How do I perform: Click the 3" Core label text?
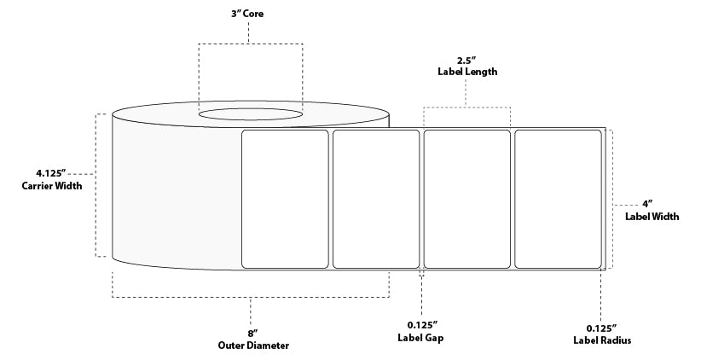pyautogui.click(x=248, y=15)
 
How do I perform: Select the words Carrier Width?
pyautogui.click(x=52, y=188)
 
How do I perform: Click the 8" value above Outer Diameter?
pyautogui.click(x=250, y=333)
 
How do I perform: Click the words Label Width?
pyautogui.click(x=652, y=217)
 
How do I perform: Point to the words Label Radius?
pyautogui.click(x=602, y=340)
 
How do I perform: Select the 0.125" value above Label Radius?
pyautogui.click(x=602, y=327)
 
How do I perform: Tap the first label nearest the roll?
pyautogui.click(x=286, y=199)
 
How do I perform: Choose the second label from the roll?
pyautogui.click(x=376, y=199)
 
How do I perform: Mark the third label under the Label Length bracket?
pyautogui.click(x=467, y=199)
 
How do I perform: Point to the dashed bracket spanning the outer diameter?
pyautogui.click(x=250, y=298)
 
